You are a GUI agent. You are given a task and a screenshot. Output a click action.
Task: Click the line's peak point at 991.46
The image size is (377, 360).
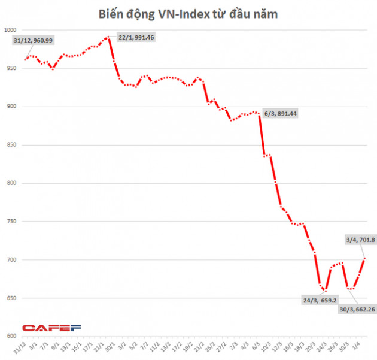point(108,37)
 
